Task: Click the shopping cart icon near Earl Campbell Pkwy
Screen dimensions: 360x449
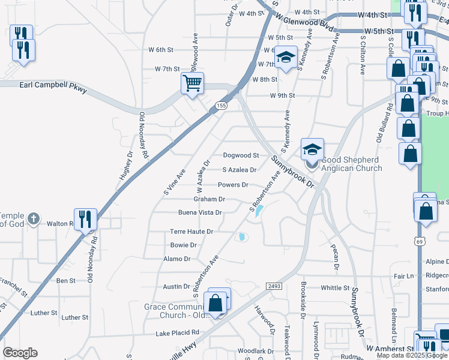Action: tap(192, 83)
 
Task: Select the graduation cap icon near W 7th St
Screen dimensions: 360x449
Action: tap(286, 58)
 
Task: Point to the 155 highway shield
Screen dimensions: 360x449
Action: tap(221, 106)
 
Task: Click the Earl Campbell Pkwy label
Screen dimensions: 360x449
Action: tap(53, 87)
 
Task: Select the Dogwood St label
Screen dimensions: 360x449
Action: tap(241, 155)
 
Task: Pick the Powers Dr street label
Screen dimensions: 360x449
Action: tap(233, 185)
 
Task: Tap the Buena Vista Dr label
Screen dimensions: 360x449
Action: tap(200, 212)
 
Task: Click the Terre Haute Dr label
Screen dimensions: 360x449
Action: tap(191, 231)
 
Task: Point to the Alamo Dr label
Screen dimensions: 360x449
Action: tap(176, 259)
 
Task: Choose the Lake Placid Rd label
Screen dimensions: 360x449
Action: tap(177, 332)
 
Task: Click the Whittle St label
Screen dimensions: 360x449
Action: tap(331, 287)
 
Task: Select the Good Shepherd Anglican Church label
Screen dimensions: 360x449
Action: tap(351, 164)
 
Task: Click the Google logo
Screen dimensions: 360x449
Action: tap(20, 353)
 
